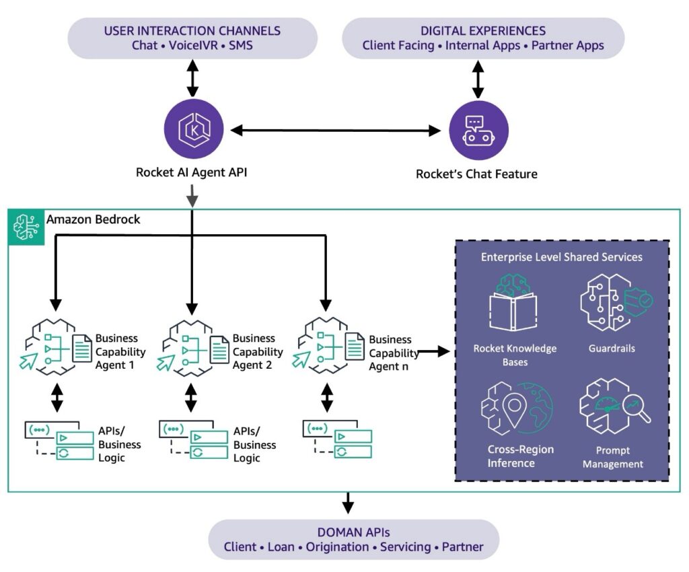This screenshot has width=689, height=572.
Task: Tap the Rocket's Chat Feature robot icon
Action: pos(478,131)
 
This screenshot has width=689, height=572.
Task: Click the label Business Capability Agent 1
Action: pos(120,351)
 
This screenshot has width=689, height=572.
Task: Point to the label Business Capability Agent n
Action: pos(391,353)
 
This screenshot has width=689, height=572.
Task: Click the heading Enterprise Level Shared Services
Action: pos(561,257)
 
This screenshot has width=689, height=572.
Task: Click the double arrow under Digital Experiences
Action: pos(478,81)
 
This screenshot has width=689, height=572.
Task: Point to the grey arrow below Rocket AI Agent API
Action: pos(192,196)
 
